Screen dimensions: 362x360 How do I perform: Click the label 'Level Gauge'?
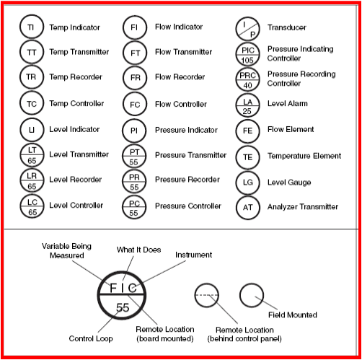tap(289, 183)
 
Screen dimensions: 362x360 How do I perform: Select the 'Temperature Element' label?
tap(304, 156)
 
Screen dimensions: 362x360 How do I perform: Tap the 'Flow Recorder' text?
tap(180, 77)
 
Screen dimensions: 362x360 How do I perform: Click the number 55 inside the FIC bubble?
tap(123, 307)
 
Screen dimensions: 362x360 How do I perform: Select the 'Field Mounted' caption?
tap(293, 315)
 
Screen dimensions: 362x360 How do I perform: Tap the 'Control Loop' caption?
tap(91, 338)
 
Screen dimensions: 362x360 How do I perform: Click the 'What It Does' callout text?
tap(138, 250)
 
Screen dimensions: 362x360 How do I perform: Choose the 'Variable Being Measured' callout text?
tap(66, 251)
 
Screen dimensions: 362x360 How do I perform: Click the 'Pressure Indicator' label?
tap(186, 130)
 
